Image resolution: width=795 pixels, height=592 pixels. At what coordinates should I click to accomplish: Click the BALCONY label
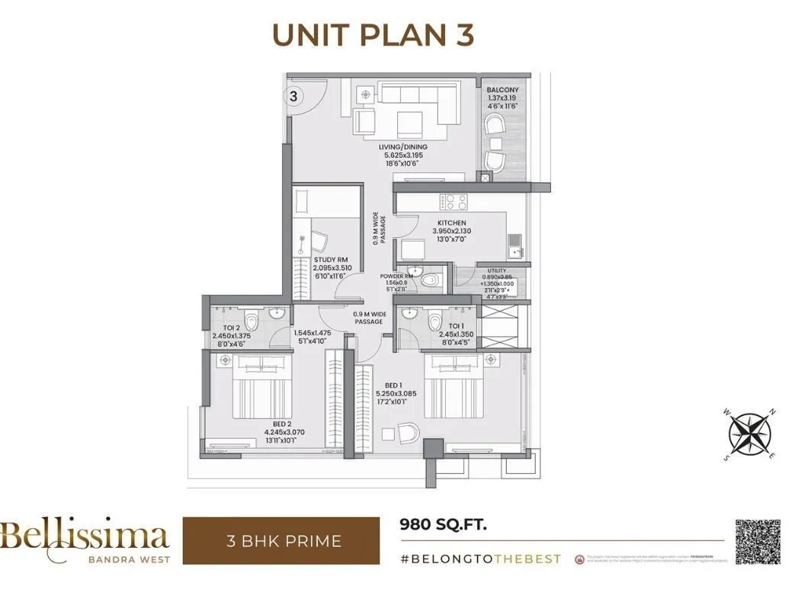502,90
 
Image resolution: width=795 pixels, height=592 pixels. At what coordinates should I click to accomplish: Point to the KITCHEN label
451,223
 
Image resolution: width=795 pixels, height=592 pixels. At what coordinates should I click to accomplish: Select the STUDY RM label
330,260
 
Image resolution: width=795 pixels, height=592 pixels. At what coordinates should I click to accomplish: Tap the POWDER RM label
396,277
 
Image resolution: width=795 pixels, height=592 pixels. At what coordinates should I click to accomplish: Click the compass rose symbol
750,434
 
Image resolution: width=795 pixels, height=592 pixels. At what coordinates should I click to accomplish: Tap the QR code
757,542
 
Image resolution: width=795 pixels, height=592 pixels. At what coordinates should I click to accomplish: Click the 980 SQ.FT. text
444,524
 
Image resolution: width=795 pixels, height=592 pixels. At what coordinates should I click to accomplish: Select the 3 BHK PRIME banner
281,542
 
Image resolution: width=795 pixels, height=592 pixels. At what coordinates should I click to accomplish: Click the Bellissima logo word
85,537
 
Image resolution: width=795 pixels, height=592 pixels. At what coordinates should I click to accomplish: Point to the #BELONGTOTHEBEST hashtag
480,558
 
